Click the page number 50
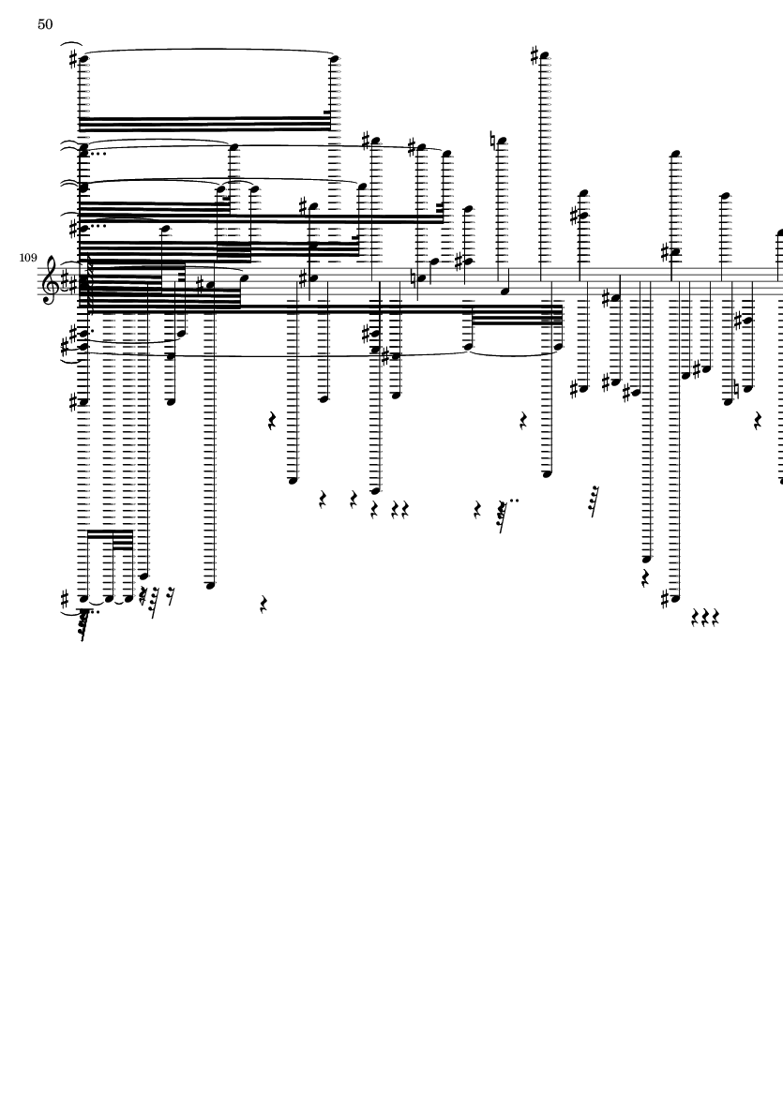pos(45,24)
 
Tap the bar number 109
pos(27,257)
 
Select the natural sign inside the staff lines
pos(421,276)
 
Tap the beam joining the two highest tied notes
pos(206,122)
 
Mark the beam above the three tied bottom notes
pos(107,533)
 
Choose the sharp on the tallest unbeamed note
pos(535,55)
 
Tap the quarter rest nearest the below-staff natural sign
pos(758,421)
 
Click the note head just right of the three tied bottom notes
pos(143,576)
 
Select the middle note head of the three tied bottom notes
pos(107,598)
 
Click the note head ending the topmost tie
pos(334,59)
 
